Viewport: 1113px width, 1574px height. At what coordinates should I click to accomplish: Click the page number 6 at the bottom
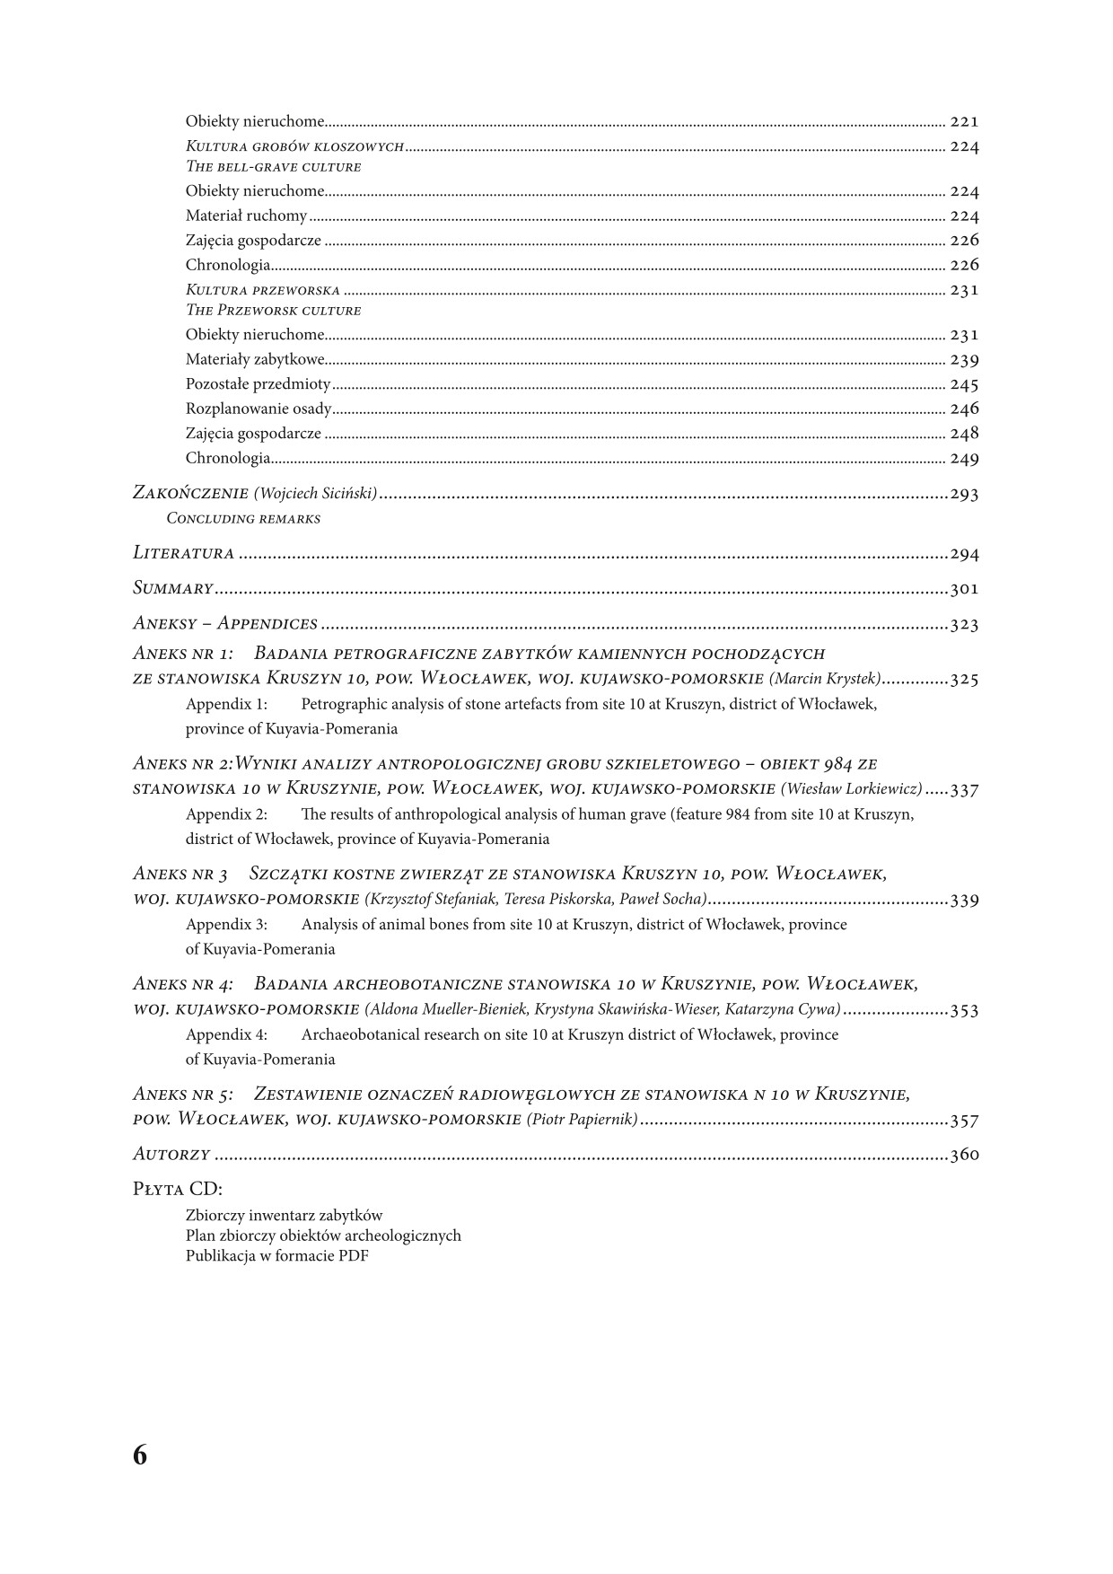(139, 1455)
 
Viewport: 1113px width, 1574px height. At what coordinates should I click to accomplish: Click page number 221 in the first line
(964, 121)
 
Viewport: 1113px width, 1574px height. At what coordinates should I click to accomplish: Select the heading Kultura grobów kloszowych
(294, 146)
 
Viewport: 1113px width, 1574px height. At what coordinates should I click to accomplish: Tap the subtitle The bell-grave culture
(273, 167)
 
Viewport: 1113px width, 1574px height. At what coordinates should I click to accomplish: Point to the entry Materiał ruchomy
(246, 215)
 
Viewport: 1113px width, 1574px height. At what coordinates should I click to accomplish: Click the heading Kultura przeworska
(263, 290)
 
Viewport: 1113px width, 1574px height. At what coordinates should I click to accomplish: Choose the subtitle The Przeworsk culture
(273, 311)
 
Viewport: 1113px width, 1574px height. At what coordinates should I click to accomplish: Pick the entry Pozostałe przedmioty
(258, 384)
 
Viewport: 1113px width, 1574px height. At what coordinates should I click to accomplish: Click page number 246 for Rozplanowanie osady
(964, 409)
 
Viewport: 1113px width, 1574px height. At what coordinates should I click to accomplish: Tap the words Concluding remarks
(243, 519)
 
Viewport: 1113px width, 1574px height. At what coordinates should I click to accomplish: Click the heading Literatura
(183, 554)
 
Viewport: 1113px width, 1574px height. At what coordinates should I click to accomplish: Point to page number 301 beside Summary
(964, 590)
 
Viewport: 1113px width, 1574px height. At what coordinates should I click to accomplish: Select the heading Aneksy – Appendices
(224, 624)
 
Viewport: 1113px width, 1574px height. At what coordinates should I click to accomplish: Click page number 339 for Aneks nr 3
(964, 901)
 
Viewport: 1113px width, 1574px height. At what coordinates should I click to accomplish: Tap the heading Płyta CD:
(177, 1189)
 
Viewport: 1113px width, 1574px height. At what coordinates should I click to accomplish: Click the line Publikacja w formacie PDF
(276, 1256)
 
